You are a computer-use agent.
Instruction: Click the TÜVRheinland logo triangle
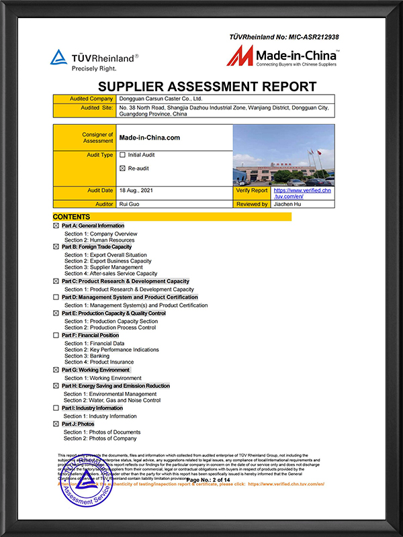60,58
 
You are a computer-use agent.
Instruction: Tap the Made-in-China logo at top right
283,56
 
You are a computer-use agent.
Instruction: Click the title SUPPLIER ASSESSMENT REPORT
207,87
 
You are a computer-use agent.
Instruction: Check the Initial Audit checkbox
122,155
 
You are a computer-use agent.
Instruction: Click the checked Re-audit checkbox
122,168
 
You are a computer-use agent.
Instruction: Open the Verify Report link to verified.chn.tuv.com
294,193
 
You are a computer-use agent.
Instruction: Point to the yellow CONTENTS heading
72,217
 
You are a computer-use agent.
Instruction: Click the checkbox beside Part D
56,297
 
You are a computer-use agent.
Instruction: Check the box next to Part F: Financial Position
56,335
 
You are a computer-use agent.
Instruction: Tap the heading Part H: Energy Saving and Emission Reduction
116,386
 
